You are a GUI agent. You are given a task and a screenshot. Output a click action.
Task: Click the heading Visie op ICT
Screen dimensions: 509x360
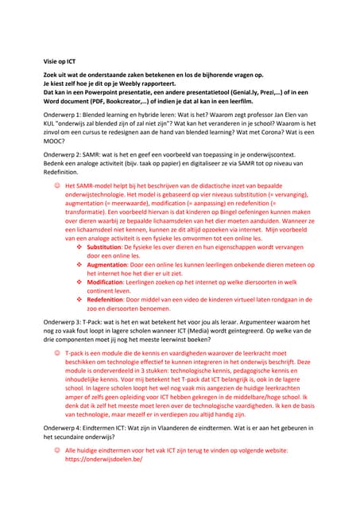pyautogui.click(x=60, y=60)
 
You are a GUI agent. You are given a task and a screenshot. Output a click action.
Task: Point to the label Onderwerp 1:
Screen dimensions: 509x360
pyautogui.click(x=64, y=115)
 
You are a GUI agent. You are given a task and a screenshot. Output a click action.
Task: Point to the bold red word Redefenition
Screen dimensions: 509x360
pyautogui.click(x=109, y=299)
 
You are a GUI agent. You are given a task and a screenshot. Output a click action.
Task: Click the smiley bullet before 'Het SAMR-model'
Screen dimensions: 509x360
pyautogui.click(x=57, y=185)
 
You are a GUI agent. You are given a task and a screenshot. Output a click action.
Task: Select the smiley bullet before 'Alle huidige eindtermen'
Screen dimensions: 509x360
pyautogui.click(x=57, y=449)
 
